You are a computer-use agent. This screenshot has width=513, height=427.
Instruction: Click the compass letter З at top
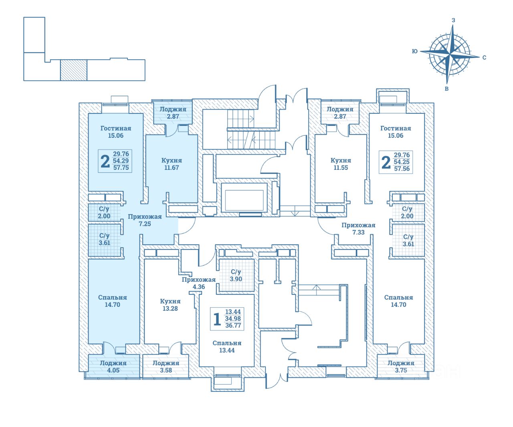pyautogui.click(x=453, y=20)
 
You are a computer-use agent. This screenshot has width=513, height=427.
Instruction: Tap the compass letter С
pyautogui.click(x=484, y=57)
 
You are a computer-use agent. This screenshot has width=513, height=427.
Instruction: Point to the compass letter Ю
pyautogui.click(x=415, y=51)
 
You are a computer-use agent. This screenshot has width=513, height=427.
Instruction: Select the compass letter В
pyautogui.click(x=446, y=89)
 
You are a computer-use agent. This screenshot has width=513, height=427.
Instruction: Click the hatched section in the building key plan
pyautogui.click(x=74, y=70)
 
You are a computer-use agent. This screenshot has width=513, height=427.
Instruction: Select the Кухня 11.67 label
pyautogui.click(x=172, y=164)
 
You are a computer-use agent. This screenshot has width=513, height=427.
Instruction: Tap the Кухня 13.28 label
pyautogui.click(x=170, y=305)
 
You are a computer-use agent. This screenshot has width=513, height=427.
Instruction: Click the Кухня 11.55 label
pyautogui.click(x=341, y=164)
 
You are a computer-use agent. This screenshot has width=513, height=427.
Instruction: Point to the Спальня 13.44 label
pyautogui.click(x=227, y=346)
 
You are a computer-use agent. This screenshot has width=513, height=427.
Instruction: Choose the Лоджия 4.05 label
pyautogui.click(x=113, y=367)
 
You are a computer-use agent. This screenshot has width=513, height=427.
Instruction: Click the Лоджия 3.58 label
pyautogui.click(x=166, y=367)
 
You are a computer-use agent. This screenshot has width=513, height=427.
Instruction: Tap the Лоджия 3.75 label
pyautogui.click(x=401, y=367)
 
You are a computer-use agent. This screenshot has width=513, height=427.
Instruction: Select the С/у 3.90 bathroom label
pyautogui.click(x=236, y=276)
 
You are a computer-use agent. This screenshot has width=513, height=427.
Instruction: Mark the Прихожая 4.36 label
pyautogui.click(x=199, y=283)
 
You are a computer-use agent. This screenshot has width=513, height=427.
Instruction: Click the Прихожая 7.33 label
pyautogui.click(x=358, y=228)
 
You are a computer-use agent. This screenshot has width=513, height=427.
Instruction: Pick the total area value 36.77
pyautogui.click(x=233, y=326)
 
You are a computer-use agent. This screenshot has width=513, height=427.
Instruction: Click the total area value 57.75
pyautogui.click(x=121, y=168)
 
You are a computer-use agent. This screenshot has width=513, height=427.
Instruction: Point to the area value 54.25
pyautogui.click(x=402, y=162)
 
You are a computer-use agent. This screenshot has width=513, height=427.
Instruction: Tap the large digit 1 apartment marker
pyautogui.click(x=217, y=319)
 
